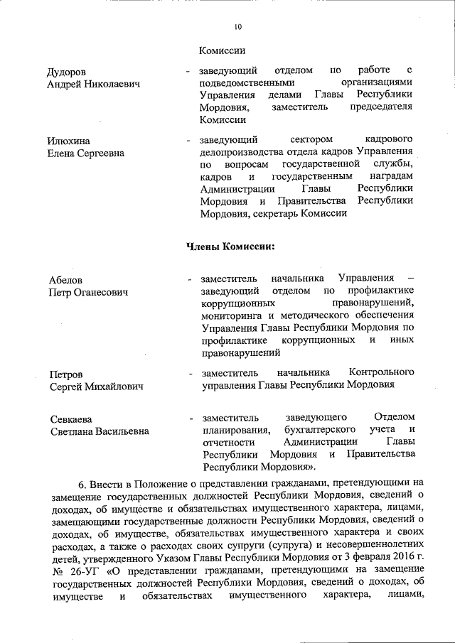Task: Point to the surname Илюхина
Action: pos(68,141)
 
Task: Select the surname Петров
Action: pos(65,374)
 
